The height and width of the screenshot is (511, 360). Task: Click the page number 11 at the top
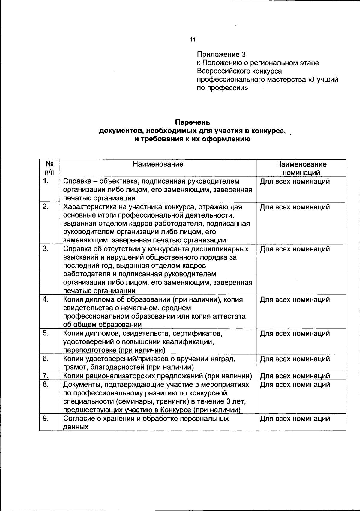[192, 39]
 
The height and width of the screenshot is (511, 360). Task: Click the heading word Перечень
[193, 122]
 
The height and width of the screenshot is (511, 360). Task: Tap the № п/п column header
[49, 168]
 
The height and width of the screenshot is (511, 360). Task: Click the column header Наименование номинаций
[301, 168]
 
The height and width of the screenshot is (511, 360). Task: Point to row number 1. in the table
[46, 181]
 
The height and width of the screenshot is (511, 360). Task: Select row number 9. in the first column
[46, 418]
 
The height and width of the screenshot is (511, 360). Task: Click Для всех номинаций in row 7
[295, 376]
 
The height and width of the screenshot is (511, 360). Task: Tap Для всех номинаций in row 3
[295, 249]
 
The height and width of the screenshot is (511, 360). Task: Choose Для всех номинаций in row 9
[295, 419]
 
